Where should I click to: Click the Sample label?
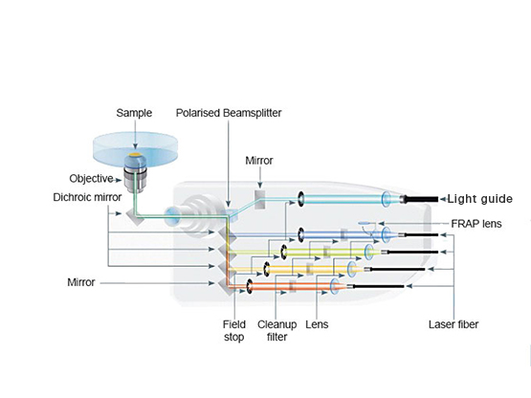[x=134, y=113]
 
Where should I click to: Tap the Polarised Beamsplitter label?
[x=229, y=113]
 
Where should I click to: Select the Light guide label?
[x=480, y=199]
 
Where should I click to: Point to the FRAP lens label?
[x=476, y=224]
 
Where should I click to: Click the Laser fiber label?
[x=454, y=324]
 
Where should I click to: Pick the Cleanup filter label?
[x=277, y=331]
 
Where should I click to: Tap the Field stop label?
[x=234, y=331]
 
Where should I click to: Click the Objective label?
[x=91, y=179]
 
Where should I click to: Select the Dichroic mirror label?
[x=87, y=197]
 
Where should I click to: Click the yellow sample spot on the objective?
[x=135, y=155]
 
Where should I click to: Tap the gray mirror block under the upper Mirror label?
[x=259, y=200]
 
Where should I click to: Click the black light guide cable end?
[x=421, y=199]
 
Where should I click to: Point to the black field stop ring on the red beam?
[x=250, y=287]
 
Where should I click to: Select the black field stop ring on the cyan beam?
[x=300, y=198]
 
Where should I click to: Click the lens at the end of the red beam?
[x=335, y=286]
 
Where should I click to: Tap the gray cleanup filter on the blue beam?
[x=344, y=234]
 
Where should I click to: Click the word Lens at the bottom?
[x=317, y=324]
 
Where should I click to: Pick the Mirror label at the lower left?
[x=81, y=282]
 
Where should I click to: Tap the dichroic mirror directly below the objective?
[x=135, y=215]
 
